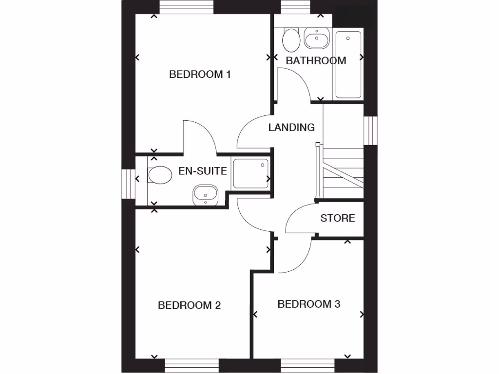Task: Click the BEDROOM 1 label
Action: click(x=199, y=75)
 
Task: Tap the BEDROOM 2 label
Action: click(x=190, y=305)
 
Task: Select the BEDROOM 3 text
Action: click(x=309, y=304)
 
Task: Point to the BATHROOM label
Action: click(x=316, y=61)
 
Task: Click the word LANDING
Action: click(x=291, y=128)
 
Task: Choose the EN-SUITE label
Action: click(x=203, y=171)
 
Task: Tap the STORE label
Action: click(x=337, y=218)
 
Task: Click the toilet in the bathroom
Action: click(x=291, y=39)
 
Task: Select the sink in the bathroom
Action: click(x=317, y=38)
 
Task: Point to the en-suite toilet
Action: click(x=160, y=175)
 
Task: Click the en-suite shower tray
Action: click(x=250, y=174)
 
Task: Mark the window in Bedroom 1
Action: click(x=186, y=7)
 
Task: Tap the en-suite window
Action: click(x=128, y=184)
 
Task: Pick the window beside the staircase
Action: click(x=371, y=131)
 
